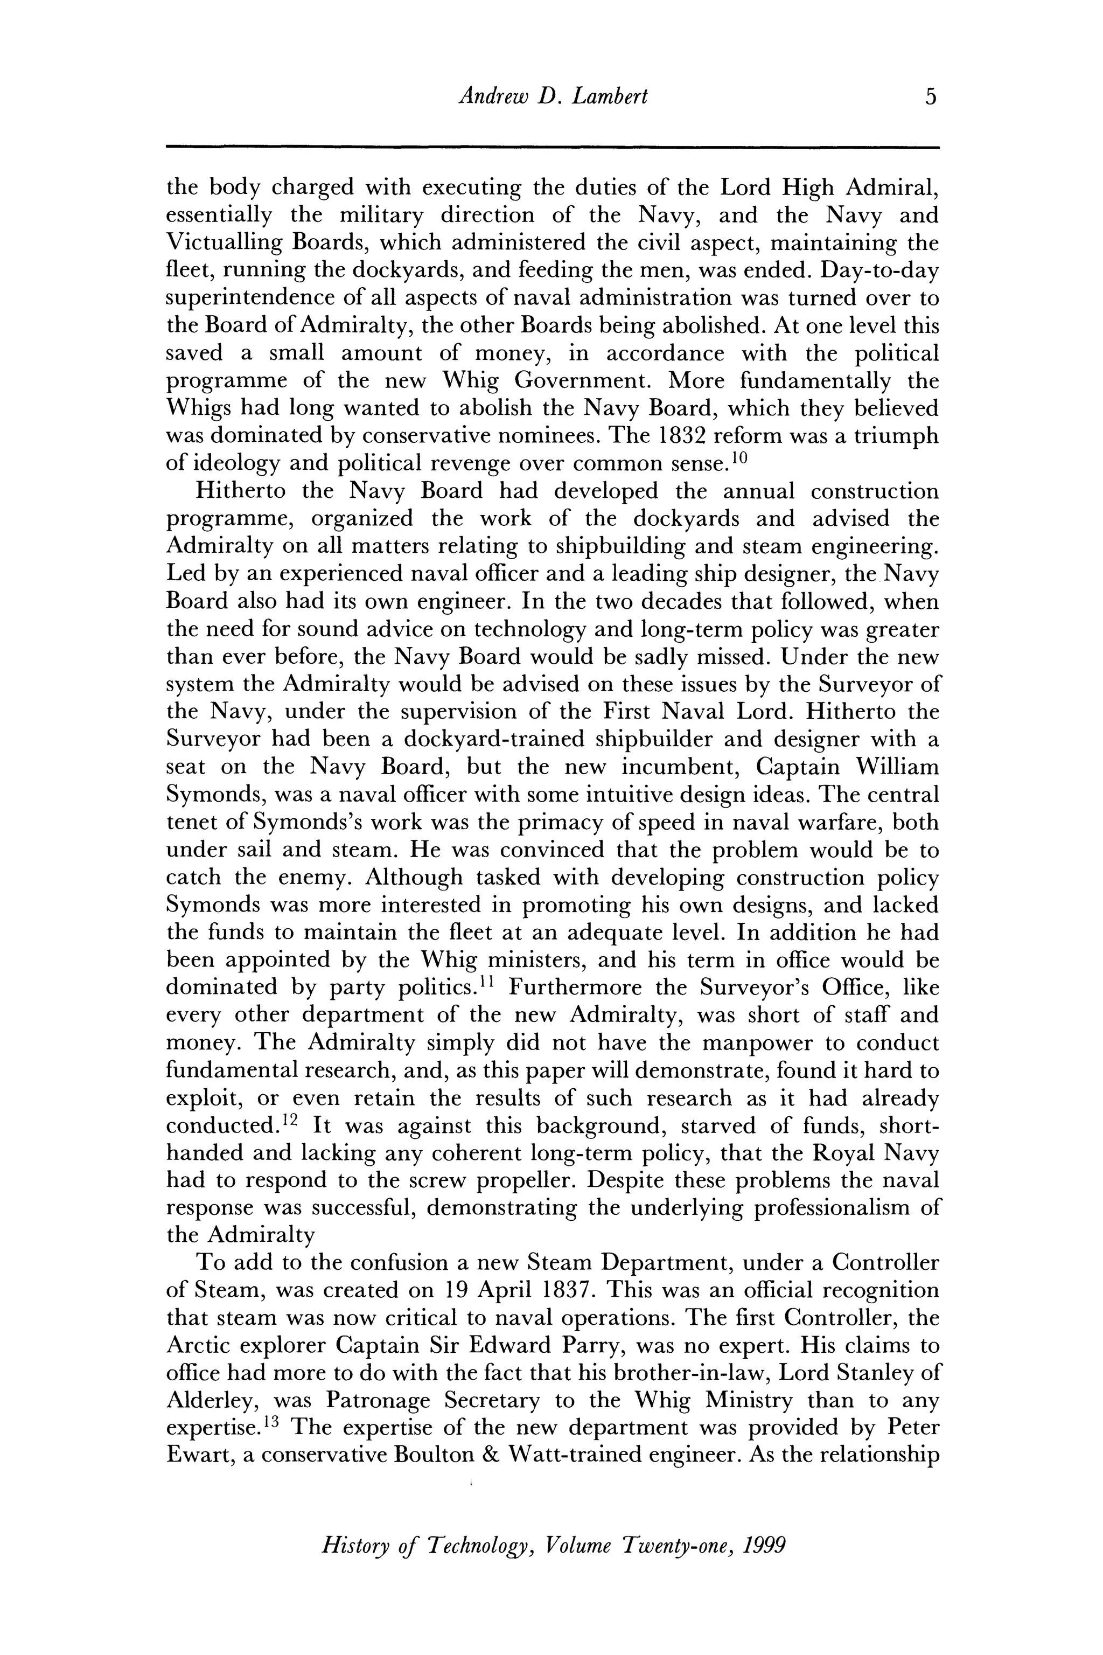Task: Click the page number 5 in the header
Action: tap(931, 96)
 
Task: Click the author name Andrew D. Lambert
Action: tap(552, 96)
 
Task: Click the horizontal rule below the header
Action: tap(552, 147)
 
